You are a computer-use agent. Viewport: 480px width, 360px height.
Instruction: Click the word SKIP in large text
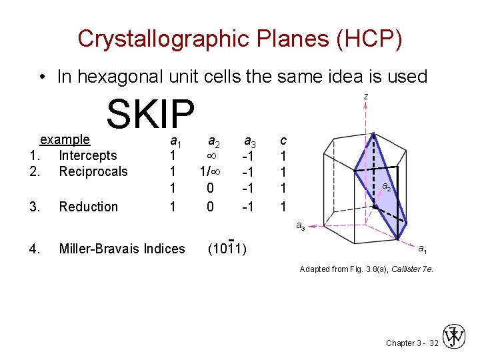pyautogui.click(x=150, y=114)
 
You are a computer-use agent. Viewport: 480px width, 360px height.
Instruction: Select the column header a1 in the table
pyautogui.click(x=175, y=141)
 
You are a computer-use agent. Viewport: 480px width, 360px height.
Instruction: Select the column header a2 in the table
pyautogui.click(x=213, y=141)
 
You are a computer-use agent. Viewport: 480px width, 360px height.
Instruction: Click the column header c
pyautogui.click(x=283, y=141)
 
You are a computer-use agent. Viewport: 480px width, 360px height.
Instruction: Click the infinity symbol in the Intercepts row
pyautogui.click(x=211, y=156)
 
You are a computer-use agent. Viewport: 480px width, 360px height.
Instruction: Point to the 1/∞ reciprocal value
pyautogui.click(x=211, y=172)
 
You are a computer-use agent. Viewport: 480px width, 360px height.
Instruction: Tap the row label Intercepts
pyautogui.click(x=87, y=156)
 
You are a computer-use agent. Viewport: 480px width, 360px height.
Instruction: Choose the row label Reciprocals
pyautogui.click(x=93, y=172)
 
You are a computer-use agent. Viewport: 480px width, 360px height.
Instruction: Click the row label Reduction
pyautogui.click(x=88, y=207)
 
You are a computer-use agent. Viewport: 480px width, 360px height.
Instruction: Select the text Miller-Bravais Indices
pyautogui.click(x=122, y=249)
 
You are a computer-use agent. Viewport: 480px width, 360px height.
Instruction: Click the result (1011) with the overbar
pyautogui.click(x=227, y=249)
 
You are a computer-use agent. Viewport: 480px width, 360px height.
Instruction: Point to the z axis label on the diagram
pyautogui.click(x=365, y=97)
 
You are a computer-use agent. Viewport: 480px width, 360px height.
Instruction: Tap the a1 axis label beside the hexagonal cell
pyautogui.click(x=423, y=250)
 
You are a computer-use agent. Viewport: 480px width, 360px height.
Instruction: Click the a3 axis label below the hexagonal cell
pyautogui.click(x=301, y=227)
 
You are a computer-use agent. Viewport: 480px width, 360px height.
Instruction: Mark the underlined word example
pyautogui.click(x=65, y=140)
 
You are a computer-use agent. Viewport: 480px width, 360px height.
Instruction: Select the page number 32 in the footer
pyautogui.click(x=434, y=343)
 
